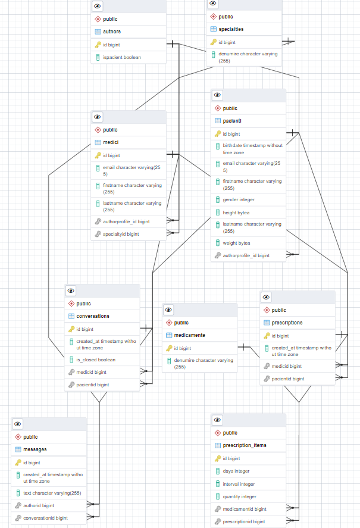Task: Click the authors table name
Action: pos(112,32)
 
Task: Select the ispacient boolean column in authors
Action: pos(122,57)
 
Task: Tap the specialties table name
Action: pos(231,29)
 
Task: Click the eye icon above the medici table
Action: pos(98,117)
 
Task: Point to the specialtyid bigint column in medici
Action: pos(121,234)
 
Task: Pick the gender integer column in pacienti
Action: pos(238,199)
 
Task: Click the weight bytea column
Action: pos(236,243)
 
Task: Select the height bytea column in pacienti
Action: pos(236,212)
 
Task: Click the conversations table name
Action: pos(93,316)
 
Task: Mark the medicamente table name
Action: pos(189,335)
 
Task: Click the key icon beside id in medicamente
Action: pos(169,348)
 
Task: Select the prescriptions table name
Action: pos(287,323)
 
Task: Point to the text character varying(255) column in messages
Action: pos(52,493)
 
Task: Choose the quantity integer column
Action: pos(239,496)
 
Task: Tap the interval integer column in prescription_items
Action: pos(239,484)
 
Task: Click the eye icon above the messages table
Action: pos(18,424)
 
